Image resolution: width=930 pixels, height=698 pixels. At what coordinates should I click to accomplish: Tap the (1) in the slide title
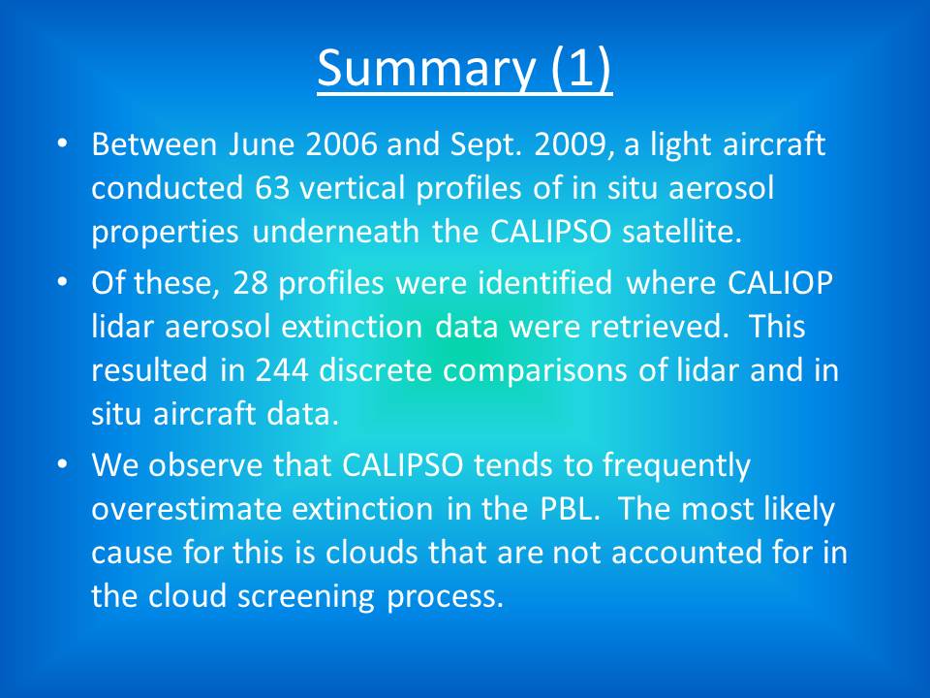(580, 67)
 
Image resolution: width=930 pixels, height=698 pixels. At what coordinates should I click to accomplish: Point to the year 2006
(341, 144)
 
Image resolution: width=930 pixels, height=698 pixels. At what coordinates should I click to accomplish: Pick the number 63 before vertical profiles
(272, 187)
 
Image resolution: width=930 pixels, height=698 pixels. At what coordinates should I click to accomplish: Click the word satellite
(681, 231)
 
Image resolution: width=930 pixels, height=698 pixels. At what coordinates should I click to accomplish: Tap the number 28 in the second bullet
(250, 282)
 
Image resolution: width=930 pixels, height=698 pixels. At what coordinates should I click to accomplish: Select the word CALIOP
(780, 282)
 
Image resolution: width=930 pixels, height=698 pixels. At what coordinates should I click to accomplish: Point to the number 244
(282, 369)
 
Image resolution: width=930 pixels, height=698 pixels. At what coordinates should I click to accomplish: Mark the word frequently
(677, 465)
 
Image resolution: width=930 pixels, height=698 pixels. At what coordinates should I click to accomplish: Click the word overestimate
(186, 509)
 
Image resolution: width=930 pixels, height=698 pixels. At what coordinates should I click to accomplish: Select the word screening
(306, 596)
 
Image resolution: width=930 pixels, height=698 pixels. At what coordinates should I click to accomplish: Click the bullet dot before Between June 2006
(62, 143)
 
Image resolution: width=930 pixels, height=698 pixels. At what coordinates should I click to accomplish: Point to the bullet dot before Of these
(62, 281)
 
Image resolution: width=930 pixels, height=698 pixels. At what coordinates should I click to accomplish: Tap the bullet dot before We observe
(62, 463)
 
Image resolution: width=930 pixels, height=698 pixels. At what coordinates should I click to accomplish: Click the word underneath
(336, 231)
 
